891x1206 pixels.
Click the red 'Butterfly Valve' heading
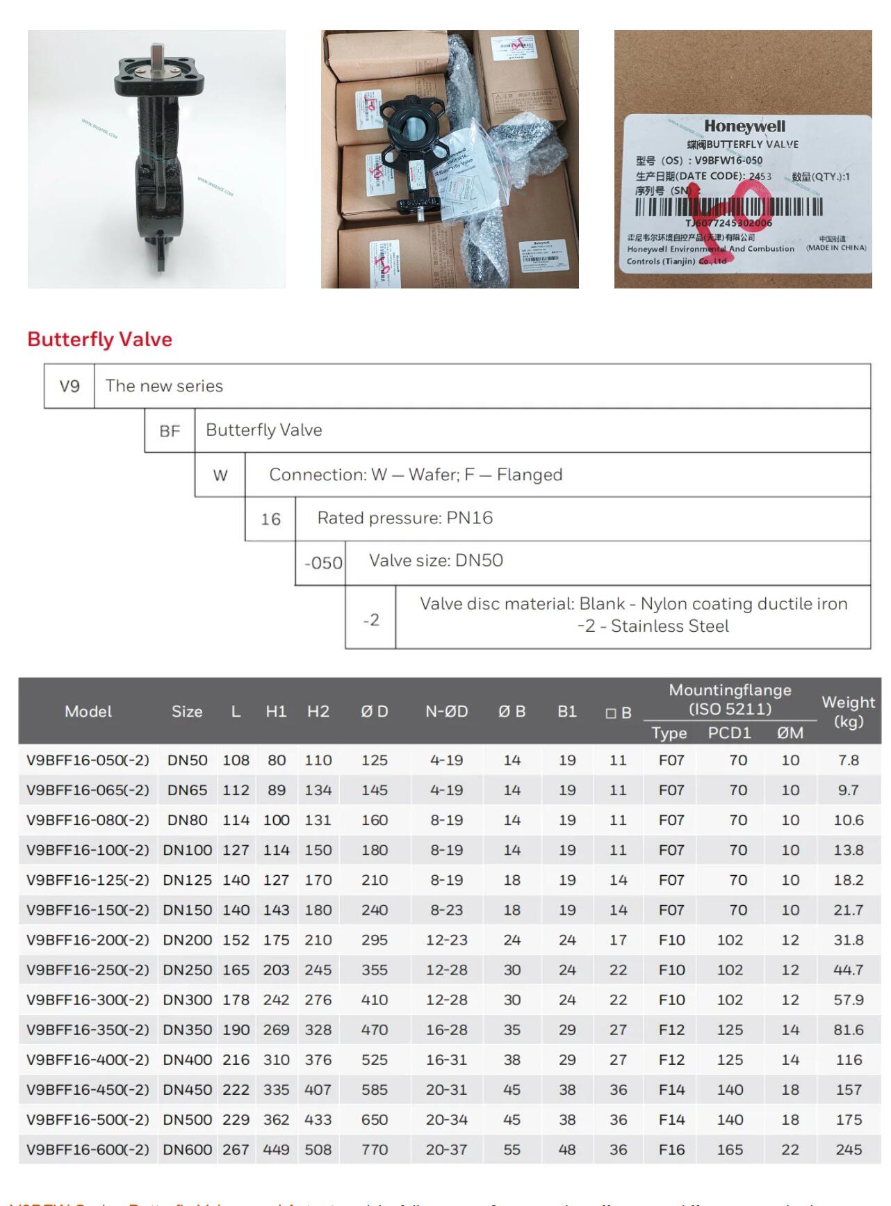99,339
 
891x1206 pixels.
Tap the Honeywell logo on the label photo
744,127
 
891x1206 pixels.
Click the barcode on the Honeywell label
728,207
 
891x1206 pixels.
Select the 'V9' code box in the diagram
70,386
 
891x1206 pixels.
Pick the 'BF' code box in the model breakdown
170,431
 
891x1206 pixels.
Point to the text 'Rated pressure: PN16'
404,518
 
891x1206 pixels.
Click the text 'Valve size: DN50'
436,560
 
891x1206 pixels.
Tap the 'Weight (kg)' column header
848,711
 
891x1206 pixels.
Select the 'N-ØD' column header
446,712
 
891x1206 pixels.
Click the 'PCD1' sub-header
729,733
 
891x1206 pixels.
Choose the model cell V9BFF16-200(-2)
88,940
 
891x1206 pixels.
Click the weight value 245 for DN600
849,1150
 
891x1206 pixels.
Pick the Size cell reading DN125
187,880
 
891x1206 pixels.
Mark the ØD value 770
374,1150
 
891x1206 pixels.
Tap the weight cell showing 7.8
848,760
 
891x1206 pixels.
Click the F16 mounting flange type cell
671,1150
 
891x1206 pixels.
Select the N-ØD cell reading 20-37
446,1150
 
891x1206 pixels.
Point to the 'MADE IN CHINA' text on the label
836,247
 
